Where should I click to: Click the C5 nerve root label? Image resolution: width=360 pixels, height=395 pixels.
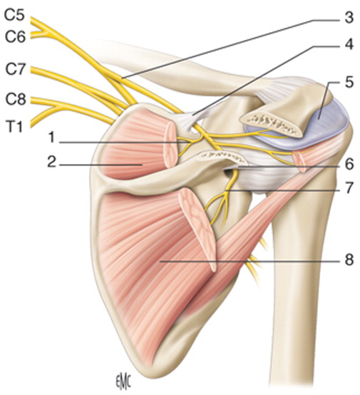tap(14, 15)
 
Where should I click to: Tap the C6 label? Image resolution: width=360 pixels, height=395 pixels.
tap(15, 37)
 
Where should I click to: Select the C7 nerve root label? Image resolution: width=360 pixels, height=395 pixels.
tap(15, 69)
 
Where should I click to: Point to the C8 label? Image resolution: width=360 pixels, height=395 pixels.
tap(16, 100)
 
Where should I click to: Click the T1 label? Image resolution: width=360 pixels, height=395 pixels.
tap(15, 127)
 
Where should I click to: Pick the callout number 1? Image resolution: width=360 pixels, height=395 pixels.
tap(51, 138)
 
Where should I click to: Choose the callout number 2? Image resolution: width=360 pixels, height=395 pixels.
tap(51, 163)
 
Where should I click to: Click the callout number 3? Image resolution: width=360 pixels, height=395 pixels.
tap(349, 18)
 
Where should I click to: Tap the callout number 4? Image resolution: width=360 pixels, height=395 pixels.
tap(349, 44)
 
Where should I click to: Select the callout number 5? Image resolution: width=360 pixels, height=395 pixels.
tap(349, 82)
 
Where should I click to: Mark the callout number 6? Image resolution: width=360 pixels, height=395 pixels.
tap(349, 164)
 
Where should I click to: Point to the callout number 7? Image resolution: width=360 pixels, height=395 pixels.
tap(349, 188)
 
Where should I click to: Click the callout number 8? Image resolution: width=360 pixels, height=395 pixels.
tap(349, 260)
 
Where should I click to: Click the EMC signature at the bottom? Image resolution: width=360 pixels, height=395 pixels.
tap(123, 385)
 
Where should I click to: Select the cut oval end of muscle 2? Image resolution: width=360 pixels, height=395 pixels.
tap(171, 144)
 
